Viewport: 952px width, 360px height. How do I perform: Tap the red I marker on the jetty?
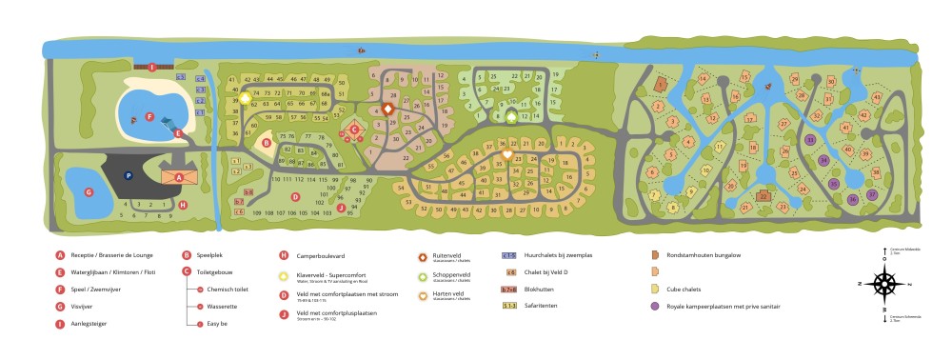click(151, 67)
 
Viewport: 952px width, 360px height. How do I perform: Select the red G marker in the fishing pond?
click(89, 192)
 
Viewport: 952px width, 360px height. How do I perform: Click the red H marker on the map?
click(183, 204)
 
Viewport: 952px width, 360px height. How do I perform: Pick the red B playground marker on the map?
click(268, 144)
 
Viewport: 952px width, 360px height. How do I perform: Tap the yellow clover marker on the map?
click(245, 97)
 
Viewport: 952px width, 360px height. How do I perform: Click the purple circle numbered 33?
click(810, 139)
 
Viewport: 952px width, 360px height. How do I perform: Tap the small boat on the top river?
click(360, 50)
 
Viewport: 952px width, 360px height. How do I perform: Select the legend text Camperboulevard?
click(320, 255)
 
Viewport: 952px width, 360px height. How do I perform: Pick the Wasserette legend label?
click(222, 306)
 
